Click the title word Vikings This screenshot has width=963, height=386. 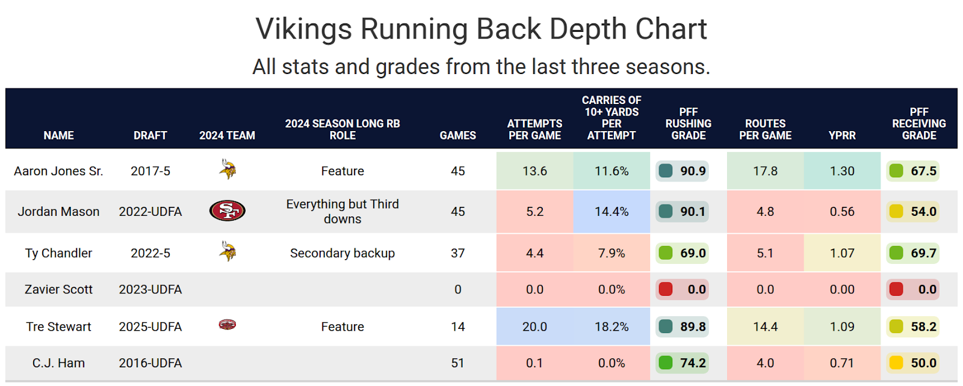(303, 29)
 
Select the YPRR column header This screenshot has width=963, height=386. (841, 135)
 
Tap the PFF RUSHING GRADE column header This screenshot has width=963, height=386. (688, 124)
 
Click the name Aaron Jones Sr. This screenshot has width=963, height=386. (58, 171)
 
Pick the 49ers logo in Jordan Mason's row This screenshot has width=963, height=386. (227, 210)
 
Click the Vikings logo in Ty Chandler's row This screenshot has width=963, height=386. (228, 251)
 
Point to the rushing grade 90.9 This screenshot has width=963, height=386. (692, 171)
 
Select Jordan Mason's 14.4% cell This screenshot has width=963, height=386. (612, 212)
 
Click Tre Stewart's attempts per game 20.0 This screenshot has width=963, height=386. (534, 326)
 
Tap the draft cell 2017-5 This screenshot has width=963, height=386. (150, 171)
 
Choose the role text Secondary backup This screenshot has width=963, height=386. (342, 253)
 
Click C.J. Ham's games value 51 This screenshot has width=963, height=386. (457, 363)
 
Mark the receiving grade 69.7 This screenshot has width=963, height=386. (923, 253)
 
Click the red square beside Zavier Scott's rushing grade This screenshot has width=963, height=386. (666, 289)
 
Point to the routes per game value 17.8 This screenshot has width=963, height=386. (765, 171)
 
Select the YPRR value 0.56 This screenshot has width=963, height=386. (841, 212)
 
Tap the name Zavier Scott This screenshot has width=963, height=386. (58, 289)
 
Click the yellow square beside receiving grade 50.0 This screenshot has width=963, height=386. (896, 363)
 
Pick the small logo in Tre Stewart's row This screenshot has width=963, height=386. (227, 325)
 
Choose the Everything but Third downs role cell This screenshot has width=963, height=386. (342, 211)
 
